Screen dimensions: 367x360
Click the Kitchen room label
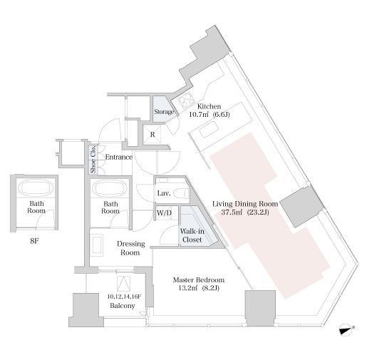point(209,106)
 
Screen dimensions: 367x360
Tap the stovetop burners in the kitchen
point(187,100)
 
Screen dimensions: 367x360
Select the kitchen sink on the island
point(209,129)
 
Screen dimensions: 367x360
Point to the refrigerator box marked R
point(153,135)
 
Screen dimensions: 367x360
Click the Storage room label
point(164,111)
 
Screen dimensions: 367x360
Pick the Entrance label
point(119,157)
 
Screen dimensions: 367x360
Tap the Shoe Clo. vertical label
point(93,159)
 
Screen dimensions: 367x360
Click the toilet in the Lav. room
point(181,192)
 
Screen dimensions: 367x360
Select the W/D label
point(164,212)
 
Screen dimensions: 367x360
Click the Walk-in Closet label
point(192,235)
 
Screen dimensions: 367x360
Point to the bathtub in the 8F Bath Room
point(36,187)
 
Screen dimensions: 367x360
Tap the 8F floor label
point(34,241)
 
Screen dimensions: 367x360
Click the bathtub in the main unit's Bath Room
point(110,188)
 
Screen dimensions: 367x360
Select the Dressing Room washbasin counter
point(97,245)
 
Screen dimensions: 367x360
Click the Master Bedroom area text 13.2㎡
point(188,288)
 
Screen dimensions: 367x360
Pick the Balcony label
point(123,306)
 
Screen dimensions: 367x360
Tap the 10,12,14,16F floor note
point(124,297)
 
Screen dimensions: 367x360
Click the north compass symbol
point(346,330)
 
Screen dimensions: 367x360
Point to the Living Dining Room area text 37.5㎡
point(232,212)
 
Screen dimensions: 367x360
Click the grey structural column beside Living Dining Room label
point(302,206)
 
